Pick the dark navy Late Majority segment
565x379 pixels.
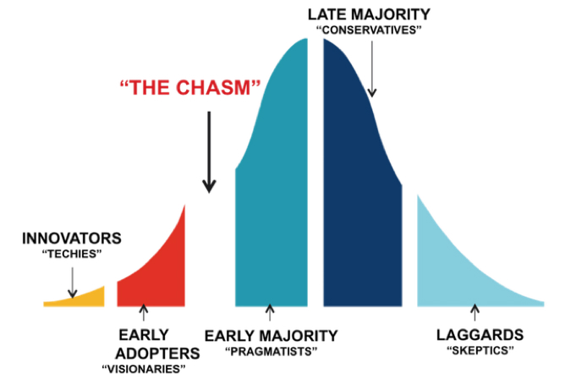click(x=359, y=195)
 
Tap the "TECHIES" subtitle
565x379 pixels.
click(x=71, y=254)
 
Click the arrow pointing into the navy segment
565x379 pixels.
click(x=370, y=77)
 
